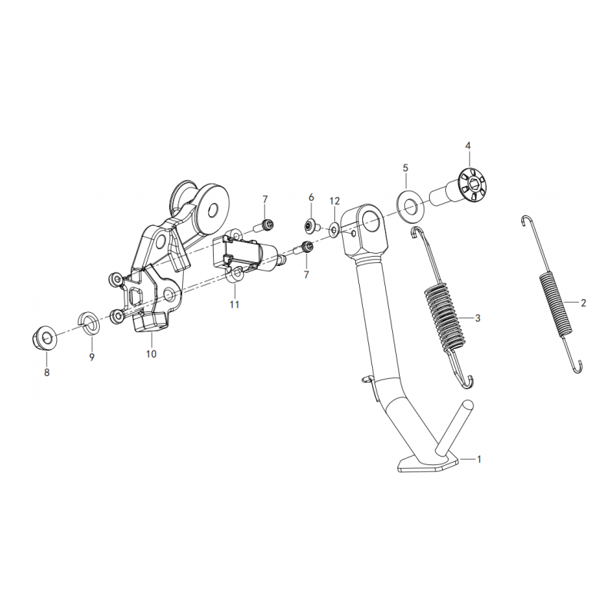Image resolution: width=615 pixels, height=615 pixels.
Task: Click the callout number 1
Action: pos(478,458)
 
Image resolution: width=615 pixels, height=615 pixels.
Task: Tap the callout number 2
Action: pos(583,303)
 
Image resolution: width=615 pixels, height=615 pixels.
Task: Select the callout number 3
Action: pos(477,318)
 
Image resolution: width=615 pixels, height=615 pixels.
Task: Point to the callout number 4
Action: pos(467,146)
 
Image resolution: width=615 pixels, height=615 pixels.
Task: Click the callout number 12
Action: pos(334,201)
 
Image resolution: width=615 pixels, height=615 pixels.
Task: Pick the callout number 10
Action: pos(151,354)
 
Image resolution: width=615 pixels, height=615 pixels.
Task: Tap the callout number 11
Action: pos(234,304)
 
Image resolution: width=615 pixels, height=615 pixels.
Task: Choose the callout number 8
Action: pos(47,372)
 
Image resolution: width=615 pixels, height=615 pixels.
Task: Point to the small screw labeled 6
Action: pos(311,226)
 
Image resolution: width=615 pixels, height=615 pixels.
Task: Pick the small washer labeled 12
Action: pos(334,230)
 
